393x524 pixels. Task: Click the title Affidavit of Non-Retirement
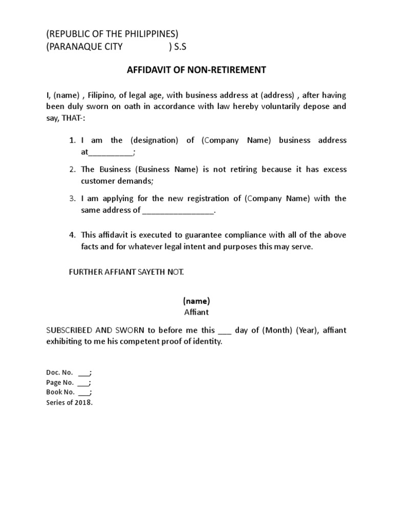click(x=196, y=70)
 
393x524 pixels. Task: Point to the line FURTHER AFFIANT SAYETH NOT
click(x=126, y=272)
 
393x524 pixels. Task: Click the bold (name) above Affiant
click(x=196, y=301)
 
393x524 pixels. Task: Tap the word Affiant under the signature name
click(x=196, y=312)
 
